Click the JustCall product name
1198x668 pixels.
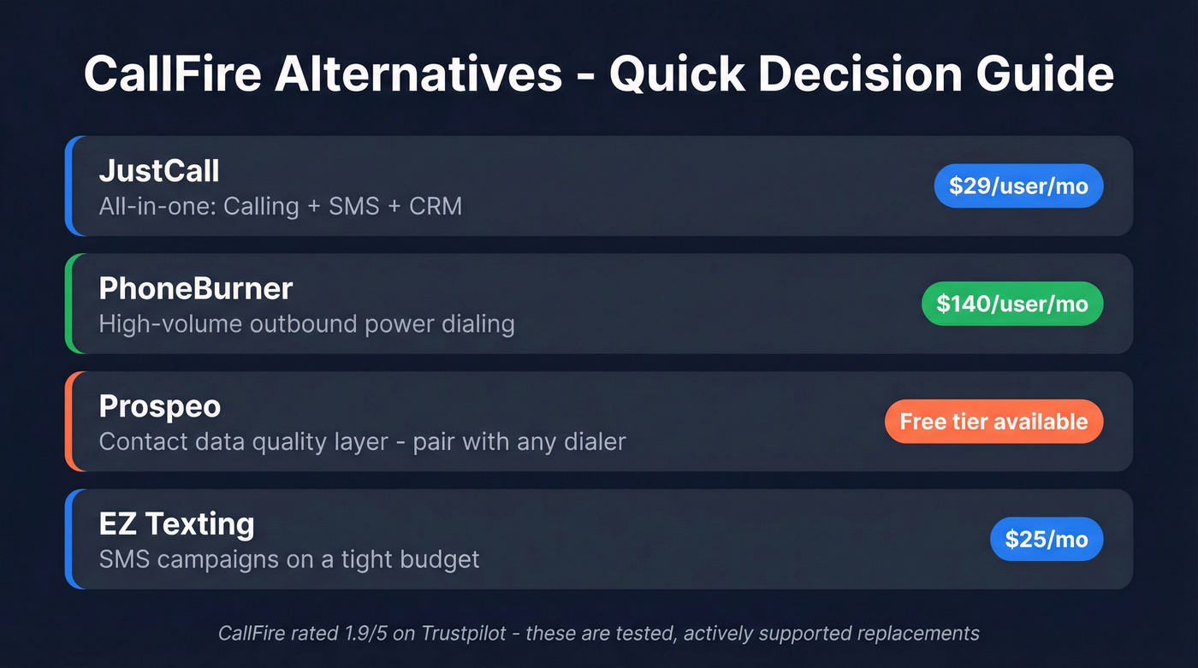point(159,171)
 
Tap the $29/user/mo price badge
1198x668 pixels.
point(1018,186)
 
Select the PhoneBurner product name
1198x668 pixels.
point(196,288)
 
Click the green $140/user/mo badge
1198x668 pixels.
point(1012,304)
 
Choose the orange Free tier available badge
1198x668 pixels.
point(993,421)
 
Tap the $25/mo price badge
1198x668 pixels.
point(1047,539)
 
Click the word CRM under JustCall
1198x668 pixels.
point(436,206)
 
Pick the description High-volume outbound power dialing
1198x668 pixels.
point(306,324)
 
